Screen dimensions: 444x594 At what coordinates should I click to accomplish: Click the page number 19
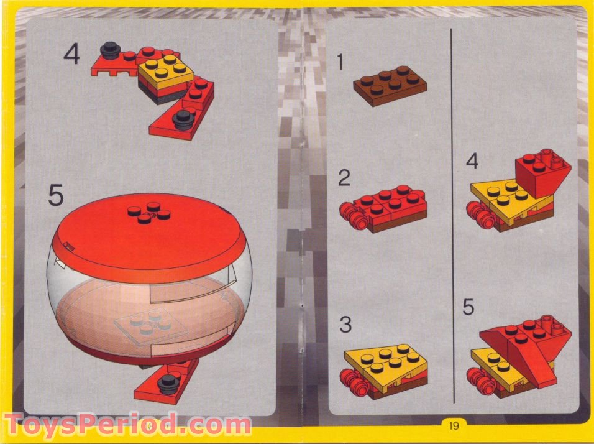[452, 426]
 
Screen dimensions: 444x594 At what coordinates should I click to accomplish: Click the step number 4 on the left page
[71, 54]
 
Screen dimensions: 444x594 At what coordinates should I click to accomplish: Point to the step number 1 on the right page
[340, 61]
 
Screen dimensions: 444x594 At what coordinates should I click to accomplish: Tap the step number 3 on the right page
[345, 325]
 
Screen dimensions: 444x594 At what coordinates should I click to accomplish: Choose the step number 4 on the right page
[472, 163]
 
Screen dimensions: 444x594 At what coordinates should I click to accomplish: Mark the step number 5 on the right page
[469, 307]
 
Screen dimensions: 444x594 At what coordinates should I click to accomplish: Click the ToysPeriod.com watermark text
[127, 425]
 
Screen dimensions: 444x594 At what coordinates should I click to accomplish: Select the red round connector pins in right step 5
[482, 380]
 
